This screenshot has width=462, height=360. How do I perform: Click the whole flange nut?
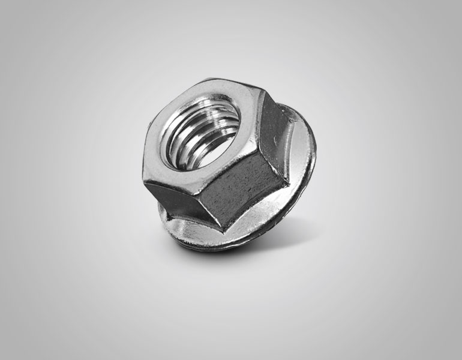tap(231, 162)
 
